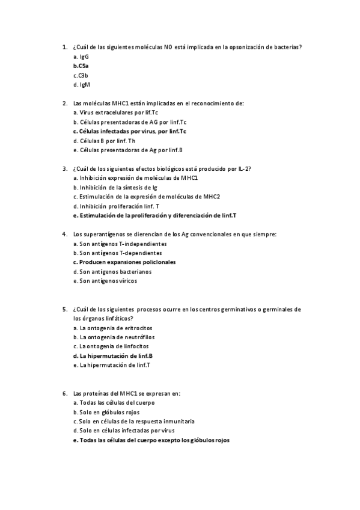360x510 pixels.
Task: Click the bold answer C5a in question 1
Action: (x=82, y=66)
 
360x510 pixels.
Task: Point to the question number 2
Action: (x=64, y=103)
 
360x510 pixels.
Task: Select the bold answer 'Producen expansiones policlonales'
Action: (x=123, y=262)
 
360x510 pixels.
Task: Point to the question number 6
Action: (x=64, y=393)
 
